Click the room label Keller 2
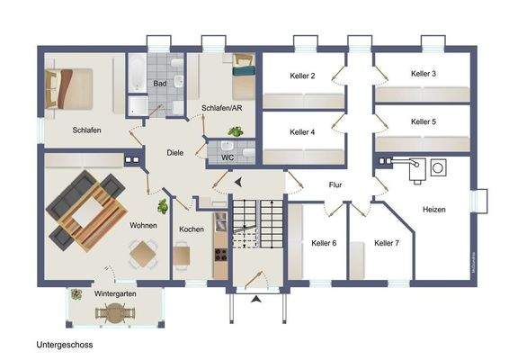301,76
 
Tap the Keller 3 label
423,73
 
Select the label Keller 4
301,132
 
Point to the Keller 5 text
423,121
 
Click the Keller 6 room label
324,243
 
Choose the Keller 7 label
387,243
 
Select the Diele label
175,153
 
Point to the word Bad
159,84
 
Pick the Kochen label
192,229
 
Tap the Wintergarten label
114,294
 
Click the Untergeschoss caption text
65,345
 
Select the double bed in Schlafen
69,89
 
